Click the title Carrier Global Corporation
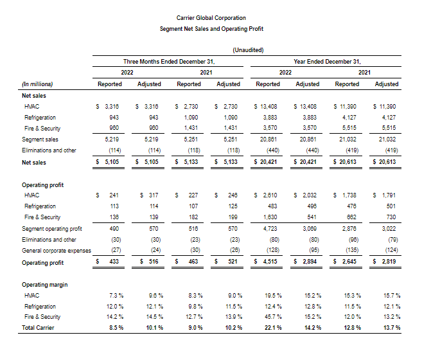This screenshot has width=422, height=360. point(211,18)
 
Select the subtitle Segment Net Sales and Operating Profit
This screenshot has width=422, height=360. point(211,29)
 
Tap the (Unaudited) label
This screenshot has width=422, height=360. point(247,50)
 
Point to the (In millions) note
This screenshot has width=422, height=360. point(37,84)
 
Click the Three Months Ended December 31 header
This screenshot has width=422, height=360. point(168,62)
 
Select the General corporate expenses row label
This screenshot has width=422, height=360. point(57,250)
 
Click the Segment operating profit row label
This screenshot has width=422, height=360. point(52,228)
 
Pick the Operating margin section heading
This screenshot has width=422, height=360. point(44,284)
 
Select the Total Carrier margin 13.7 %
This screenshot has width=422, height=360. point(390,328)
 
